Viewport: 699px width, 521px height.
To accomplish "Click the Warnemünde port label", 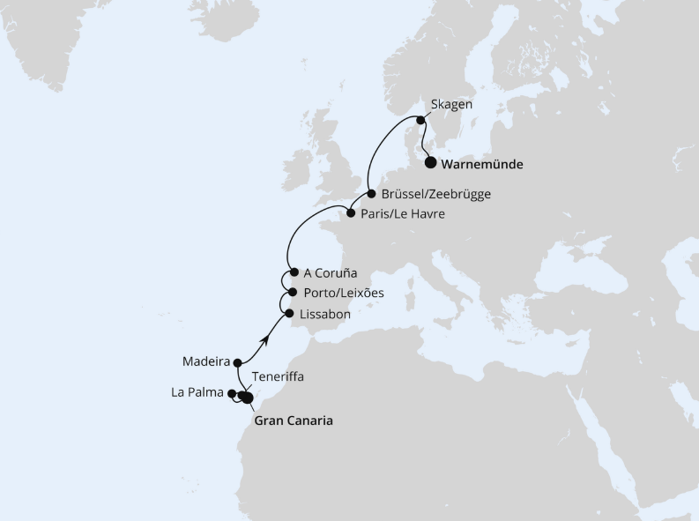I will point(481,164).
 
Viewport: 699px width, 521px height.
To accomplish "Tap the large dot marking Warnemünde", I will point(430,162).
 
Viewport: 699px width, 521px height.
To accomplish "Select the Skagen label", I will point(452,104).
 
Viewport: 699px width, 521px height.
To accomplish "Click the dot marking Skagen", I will point(420,121).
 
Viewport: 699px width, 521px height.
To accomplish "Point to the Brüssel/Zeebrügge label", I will point(435,194).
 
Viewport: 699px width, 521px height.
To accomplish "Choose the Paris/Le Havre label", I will point(403,213).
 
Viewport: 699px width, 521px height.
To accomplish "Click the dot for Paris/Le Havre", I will point(350,213).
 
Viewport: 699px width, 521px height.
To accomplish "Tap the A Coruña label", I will point(331,273).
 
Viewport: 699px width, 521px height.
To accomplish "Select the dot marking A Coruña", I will point(294,272).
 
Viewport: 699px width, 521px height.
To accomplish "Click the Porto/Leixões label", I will point(343,293).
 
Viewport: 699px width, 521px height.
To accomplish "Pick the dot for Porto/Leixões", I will point(292,293).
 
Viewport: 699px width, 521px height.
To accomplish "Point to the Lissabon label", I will point(325,313).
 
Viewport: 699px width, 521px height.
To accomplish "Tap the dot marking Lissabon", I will point(289,312).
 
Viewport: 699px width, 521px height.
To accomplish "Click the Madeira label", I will point(206,361).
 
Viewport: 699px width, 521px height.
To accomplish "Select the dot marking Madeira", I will point(238,361).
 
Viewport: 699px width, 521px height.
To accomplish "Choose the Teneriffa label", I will point(278,376).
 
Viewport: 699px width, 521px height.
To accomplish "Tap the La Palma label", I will point(197,393).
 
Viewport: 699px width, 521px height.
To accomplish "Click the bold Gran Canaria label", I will point(294,421).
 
